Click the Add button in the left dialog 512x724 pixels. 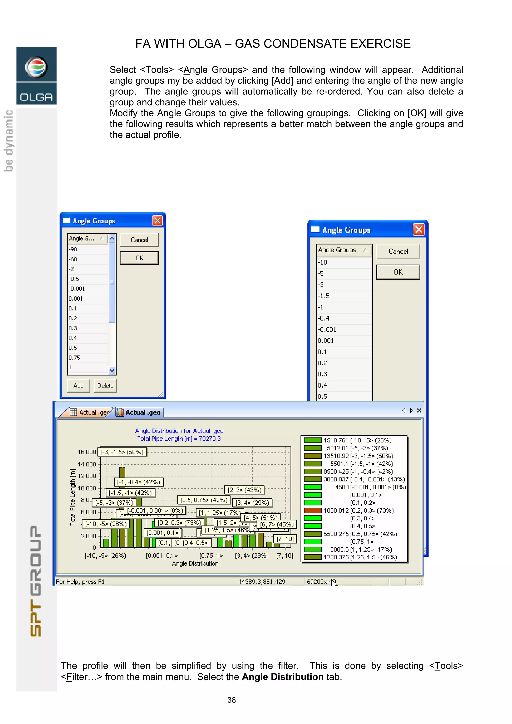click(78, 386)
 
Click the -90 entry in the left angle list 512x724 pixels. click(73, 249)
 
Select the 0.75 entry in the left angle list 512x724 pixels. click(75, 358)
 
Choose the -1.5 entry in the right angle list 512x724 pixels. click(324, 296)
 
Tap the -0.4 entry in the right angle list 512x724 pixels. click(324, 318)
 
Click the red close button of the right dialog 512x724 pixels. click(418, 230)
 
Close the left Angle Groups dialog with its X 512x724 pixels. click(157, 220)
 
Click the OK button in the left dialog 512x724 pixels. click(139, 258)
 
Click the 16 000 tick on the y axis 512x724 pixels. click(87, 452)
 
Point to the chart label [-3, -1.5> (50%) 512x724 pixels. click(122, 452)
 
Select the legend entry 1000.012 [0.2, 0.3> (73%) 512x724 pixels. click(358, 510)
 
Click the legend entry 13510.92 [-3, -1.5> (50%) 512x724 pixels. click(358, 456)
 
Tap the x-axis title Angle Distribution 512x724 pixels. click(195, 564)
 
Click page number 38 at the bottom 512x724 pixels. click(232, 700)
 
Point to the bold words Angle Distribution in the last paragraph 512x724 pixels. click(283, 677)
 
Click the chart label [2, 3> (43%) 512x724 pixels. click(245, 490)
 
